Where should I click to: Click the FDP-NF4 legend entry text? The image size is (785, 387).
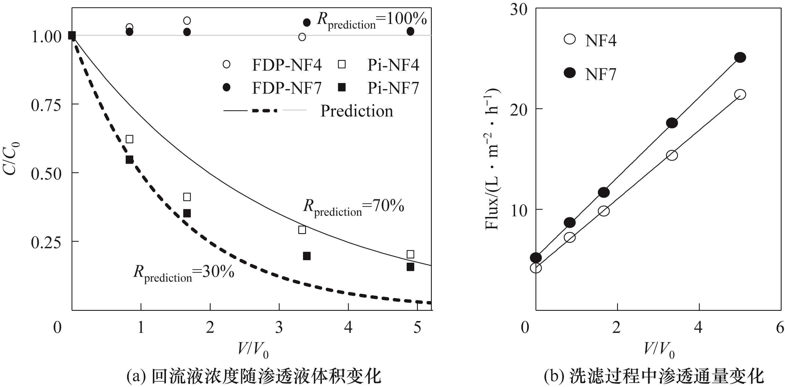(287, 65)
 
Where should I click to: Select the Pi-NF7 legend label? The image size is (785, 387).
(393, 88)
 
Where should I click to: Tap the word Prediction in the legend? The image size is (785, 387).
(357, 111)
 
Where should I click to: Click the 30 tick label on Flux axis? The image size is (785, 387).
(519, 10)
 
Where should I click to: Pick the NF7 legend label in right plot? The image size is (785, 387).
(601, 74)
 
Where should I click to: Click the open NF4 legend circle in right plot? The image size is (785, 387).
(570, 39)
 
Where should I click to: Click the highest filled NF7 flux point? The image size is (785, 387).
(740, 57)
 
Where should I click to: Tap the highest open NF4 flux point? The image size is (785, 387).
(740, 94)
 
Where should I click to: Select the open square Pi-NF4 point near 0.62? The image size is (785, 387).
(130, 139)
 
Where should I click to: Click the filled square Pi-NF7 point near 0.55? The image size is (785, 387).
(130, 160)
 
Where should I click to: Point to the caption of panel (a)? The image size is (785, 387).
(254, 377)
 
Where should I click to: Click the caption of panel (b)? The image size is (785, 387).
(654, 377)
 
